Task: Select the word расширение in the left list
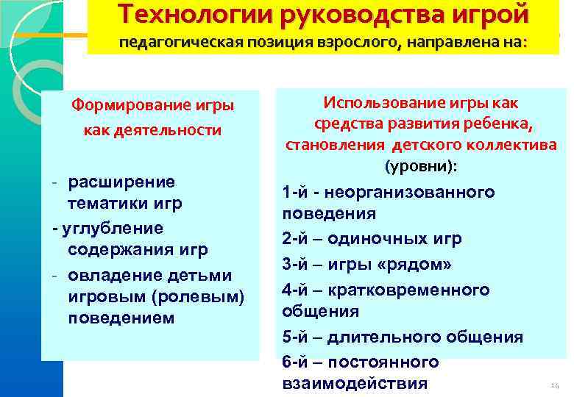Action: click(121, 181)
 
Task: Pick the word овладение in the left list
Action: click(107, 275)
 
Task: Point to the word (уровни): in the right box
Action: click(421, 166)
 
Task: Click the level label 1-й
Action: click(294, 193)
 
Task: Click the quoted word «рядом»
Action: click(433, 264)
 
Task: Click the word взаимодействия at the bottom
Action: click(354, 383)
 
